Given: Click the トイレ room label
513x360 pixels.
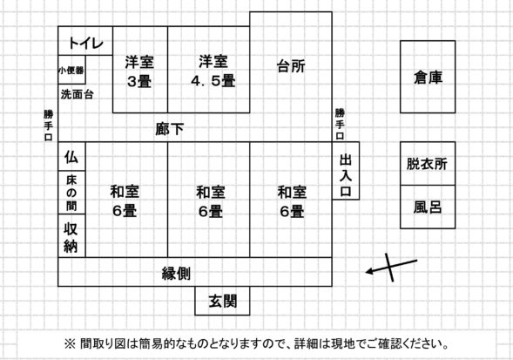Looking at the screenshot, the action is [85, 43].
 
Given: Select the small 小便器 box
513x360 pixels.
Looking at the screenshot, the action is [71, 70].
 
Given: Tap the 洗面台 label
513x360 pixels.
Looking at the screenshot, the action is [78, 94].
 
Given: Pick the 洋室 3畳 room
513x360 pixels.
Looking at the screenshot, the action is [140, 70].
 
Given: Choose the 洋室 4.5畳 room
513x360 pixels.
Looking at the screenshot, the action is [209, 70].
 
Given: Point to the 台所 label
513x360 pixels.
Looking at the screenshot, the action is [291, 66].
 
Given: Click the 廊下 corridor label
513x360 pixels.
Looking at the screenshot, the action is [170, 129].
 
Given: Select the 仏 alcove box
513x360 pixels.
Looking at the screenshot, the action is [71, 156].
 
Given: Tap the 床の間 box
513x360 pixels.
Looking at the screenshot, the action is [71, 193].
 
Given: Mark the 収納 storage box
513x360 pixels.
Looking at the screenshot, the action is [71, 236].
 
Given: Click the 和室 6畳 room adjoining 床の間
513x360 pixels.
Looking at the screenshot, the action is [126, 200].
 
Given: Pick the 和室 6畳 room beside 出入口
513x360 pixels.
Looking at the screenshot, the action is [291, 200].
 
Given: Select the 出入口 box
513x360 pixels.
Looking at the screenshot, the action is [346, 171].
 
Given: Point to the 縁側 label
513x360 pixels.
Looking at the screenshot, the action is [176, 273].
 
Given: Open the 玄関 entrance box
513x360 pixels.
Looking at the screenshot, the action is [222, 301].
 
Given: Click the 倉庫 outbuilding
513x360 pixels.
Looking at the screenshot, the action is [428, 77].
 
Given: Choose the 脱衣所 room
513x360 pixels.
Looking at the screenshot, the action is [428, 164].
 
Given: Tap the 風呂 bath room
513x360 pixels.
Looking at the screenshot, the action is [428, 207].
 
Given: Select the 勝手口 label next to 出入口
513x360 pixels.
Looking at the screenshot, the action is [340, 124].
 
